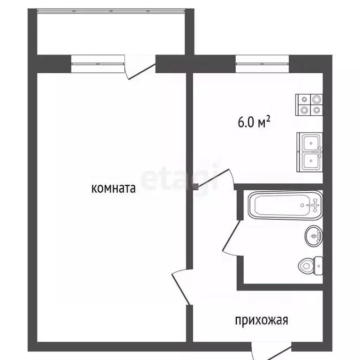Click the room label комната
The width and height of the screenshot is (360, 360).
click(113, 189)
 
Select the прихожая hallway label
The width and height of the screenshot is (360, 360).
click(261, 321)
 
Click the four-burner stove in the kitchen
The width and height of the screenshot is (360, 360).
click(310, 105)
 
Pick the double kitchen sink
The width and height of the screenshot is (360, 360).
click(309, 152)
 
